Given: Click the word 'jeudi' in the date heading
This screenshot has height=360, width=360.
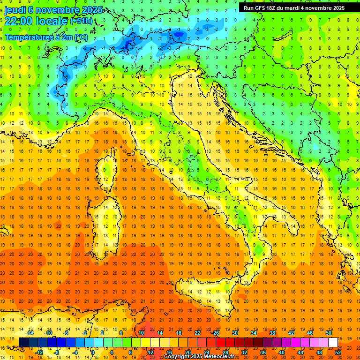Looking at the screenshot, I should click(15, 10).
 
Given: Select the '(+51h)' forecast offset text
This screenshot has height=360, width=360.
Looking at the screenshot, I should click(81, 21).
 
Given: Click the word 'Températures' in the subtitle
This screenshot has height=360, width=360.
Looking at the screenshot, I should click(29, 37).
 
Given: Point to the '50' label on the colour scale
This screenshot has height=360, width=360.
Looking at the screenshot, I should click(328, 333).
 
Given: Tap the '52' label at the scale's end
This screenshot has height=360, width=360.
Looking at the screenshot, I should click(337, 352).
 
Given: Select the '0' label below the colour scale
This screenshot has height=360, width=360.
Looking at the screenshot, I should click(92, 352).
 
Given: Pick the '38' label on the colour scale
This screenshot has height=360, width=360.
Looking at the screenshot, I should click(272, 333).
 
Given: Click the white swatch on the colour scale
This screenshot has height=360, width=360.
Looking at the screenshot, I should click(333, 342).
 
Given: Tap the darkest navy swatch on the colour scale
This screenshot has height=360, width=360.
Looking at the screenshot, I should click(23, 342).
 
